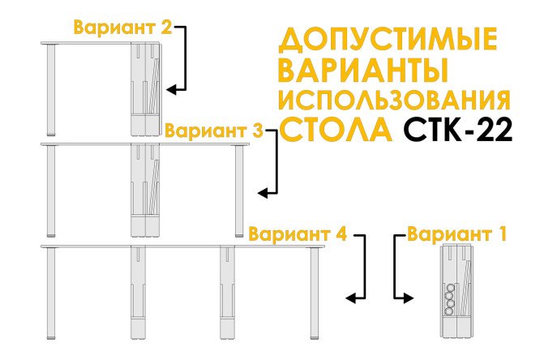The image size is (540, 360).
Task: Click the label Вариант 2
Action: point(122,28)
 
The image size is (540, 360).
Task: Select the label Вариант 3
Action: point(214,131)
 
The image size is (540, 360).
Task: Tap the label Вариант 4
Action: point(298,234)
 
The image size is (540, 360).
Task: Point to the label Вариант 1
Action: point(456,234)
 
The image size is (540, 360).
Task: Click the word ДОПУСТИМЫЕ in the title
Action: point(388,40)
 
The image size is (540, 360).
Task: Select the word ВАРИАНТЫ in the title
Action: point(363,71)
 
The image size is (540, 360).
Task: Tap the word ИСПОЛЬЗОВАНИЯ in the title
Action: point(394,100)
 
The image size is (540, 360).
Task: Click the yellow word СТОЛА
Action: point(336,129)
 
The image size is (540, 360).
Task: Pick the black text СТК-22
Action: point(458,129)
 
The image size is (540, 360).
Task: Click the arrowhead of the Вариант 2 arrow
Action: point(171,89)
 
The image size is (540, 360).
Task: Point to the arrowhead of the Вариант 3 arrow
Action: point(263,193)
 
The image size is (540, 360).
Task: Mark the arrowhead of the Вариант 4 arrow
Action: point(350,298)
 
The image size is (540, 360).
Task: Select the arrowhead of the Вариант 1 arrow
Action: point(409,298)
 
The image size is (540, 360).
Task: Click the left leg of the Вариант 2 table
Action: point(51,90)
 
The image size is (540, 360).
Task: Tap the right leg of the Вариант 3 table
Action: point(239,191)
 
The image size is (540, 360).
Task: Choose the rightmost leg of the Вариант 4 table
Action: point(314,294)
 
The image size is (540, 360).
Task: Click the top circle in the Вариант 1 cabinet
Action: point(449,289)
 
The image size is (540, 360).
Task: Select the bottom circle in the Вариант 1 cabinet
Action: point(449,312)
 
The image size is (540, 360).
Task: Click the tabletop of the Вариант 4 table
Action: point(182,246)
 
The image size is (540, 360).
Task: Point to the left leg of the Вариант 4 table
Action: point(51,294)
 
